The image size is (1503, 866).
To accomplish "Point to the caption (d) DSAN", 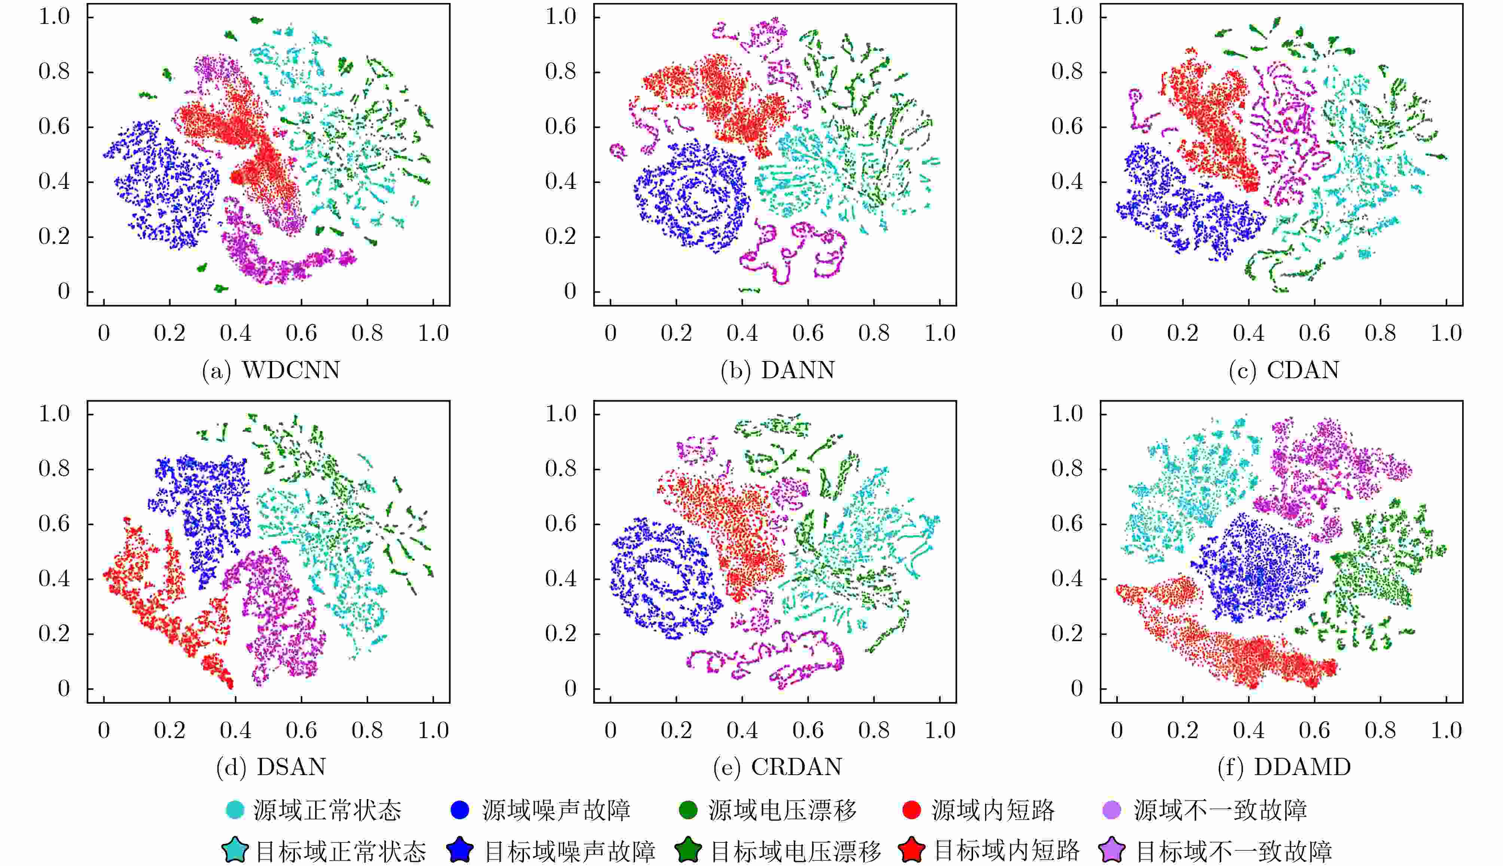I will (x=271, y=767).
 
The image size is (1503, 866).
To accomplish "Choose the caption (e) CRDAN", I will (x=778, y=767).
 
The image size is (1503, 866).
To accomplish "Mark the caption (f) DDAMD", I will (x=1284, y=767).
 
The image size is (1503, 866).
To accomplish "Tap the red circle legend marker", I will (x=912, y=810).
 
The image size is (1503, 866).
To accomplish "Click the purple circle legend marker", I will (x=1112, y=810).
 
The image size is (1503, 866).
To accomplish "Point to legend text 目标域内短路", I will (x=1007, y=851).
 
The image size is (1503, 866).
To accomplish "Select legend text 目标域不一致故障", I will (x=1234, y=851).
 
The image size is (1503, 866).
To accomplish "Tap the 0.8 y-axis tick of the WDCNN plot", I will (x=54, y=72).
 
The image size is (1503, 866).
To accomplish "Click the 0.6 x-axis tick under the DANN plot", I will (x=808, y=333).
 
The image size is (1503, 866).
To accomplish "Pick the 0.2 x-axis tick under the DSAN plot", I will (x=170, y=730).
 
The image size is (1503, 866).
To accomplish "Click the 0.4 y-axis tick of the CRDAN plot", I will (x=561, y=579).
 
